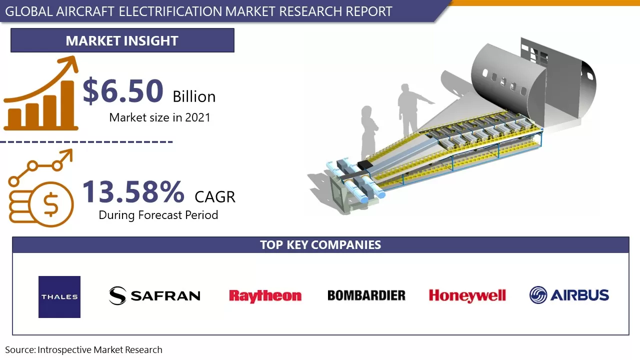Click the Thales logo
(59, 296)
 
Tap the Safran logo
(154, 295)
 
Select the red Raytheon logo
(265, 295)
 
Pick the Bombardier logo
(366, 295)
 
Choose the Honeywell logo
(467, 295)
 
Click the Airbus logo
(569, 295)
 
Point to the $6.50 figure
(123, 91)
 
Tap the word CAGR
(215, 196)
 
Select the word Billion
(194, 96)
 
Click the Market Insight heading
(122, 40)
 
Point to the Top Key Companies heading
(320, 245)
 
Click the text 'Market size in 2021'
(159, 117)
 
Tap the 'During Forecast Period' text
(158, 215)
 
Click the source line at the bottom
(84, 350)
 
